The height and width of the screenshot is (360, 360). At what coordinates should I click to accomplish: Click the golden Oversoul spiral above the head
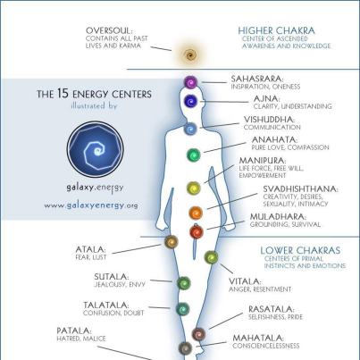(x=189, y=54)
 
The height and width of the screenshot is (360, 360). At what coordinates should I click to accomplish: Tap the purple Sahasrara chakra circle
(x=190, y=82)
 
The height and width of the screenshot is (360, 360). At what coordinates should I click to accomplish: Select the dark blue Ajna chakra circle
(x=190, y=101)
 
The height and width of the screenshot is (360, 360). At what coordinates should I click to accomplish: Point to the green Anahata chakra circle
(x=194, y=155)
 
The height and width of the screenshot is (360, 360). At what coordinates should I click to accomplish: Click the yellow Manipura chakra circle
(x=194, y=188)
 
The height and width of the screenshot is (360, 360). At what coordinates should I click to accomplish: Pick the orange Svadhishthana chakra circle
(x=196, y=213)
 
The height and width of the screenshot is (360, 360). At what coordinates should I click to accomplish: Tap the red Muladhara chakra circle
(x=197, y=231)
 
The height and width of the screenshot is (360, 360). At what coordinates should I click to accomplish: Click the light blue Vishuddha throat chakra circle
(x=190, y=129)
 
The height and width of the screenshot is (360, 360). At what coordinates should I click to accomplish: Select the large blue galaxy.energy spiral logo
(x=96, y=149)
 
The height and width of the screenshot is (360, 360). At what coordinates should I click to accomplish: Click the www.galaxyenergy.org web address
(x=91, y=205)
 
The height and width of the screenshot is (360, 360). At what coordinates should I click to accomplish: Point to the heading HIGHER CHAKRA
(x=276, y=30)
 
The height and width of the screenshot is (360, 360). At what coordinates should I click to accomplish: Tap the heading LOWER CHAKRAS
(x=300, y=250)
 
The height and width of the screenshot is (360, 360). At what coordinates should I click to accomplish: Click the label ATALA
(x=90, y=249)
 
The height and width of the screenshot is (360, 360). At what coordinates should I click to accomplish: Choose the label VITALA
(x=245, y=281)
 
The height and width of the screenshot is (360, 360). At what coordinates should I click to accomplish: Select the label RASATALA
(x=271, y=309)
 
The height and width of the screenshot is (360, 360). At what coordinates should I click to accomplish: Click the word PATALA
(x=73, y=331)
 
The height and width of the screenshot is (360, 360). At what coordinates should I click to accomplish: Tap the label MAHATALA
(x=258, y=338)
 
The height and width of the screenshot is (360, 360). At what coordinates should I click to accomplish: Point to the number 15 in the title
(x=63, y=94)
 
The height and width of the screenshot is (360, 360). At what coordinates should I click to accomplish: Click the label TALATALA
(x=106, y=306)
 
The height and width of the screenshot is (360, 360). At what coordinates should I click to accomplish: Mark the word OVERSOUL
(x=109, y=30)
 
